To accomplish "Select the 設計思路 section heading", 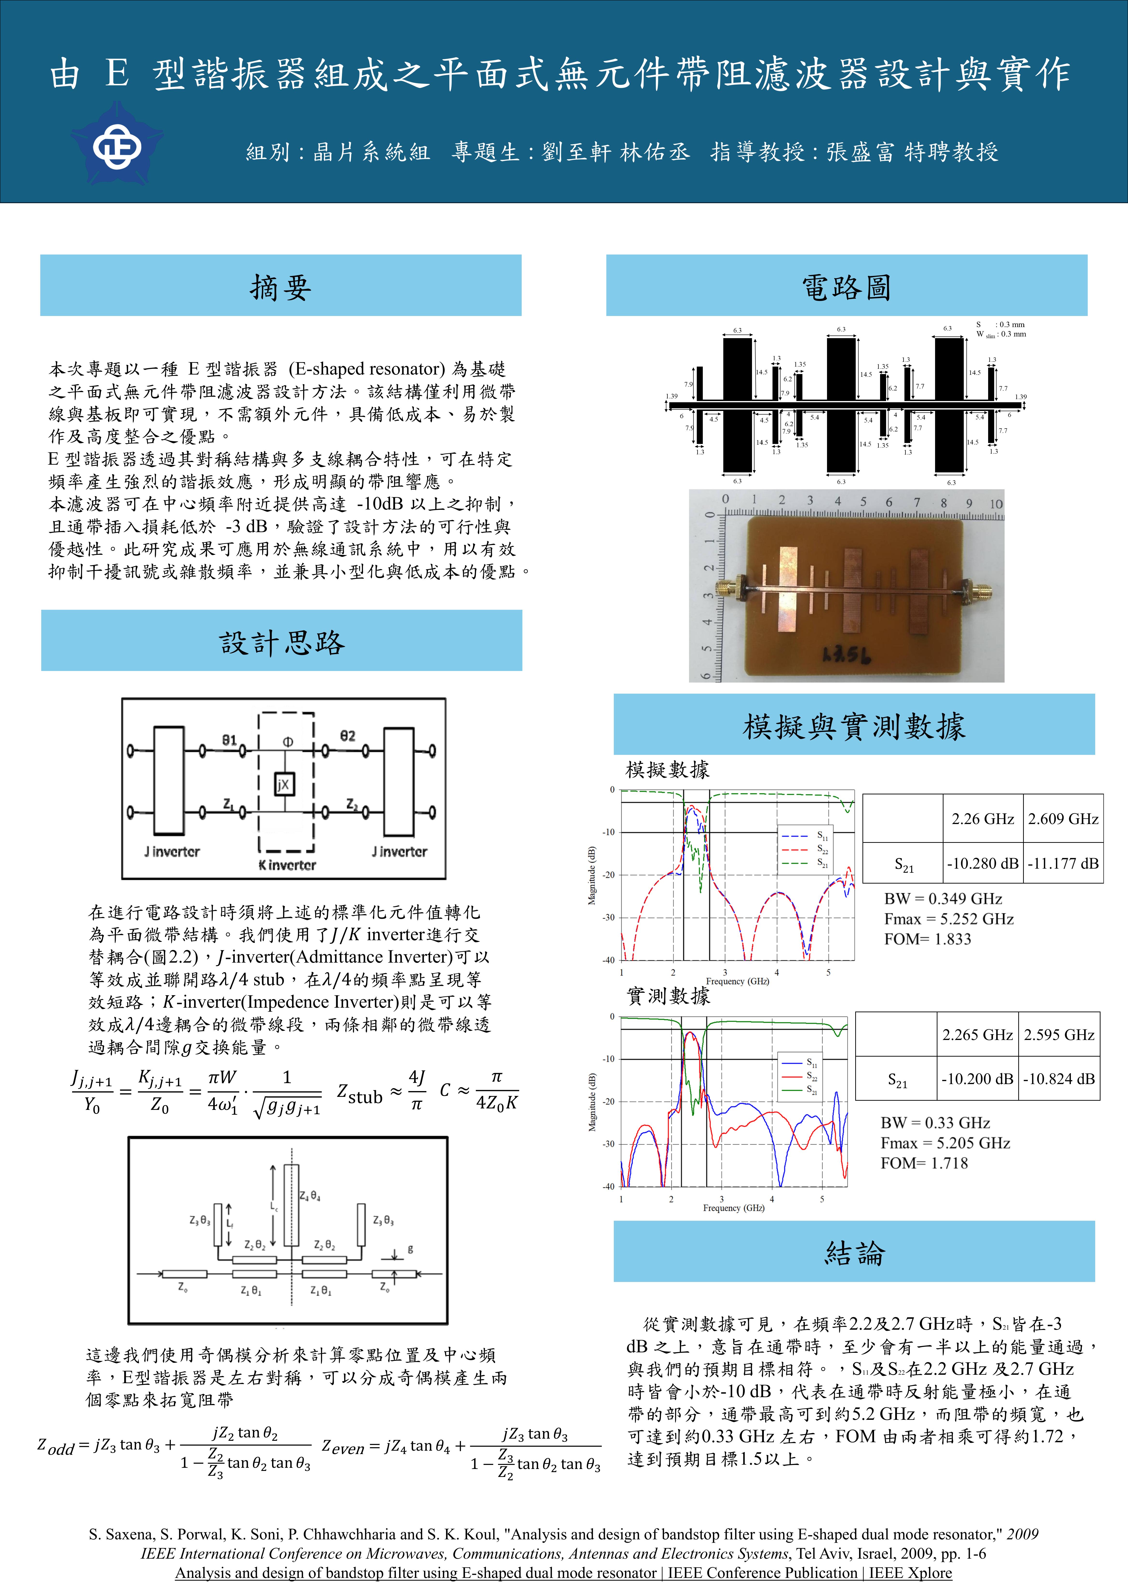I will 282,642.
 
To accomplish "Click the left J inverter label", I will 172,852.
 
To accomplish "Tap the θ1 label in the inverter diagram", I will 230,740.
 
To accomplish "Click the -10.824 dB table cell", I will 1059,1079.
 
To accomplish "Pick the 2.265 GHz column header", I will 977,1034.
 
